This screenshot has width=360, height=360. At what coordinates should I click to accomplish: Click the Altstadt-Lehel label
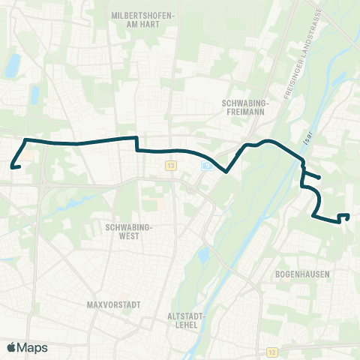(x=184, y=321)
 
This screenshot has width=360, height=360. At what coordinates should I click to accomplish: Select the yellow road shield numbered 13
(x=172, y=165)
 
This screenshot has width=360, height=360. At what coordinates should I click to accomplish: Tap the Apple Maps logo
(x=27, y=347)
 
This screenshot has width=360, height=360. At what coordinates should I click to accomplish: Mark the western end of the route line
(x=12, y=166)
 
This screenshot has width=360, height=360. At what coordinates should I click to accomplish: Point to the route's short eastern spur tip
(x=319, y=178)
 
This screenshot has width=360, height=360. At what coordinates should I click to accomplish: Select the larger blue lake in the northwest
(x=13, y=67)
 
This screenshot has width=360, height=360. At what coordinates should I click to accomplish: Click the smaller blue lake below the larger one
(x=34, y=95)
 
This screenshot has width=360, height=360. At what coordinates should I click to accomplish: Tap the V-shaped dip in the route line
(x=226, y=170)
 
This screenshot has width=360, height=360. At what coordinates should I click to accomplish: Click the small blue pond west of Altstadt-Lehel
(x=202, y=258)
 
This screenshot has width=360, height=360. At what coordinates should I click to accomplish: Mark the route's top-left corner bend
(x=27, y=140)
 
